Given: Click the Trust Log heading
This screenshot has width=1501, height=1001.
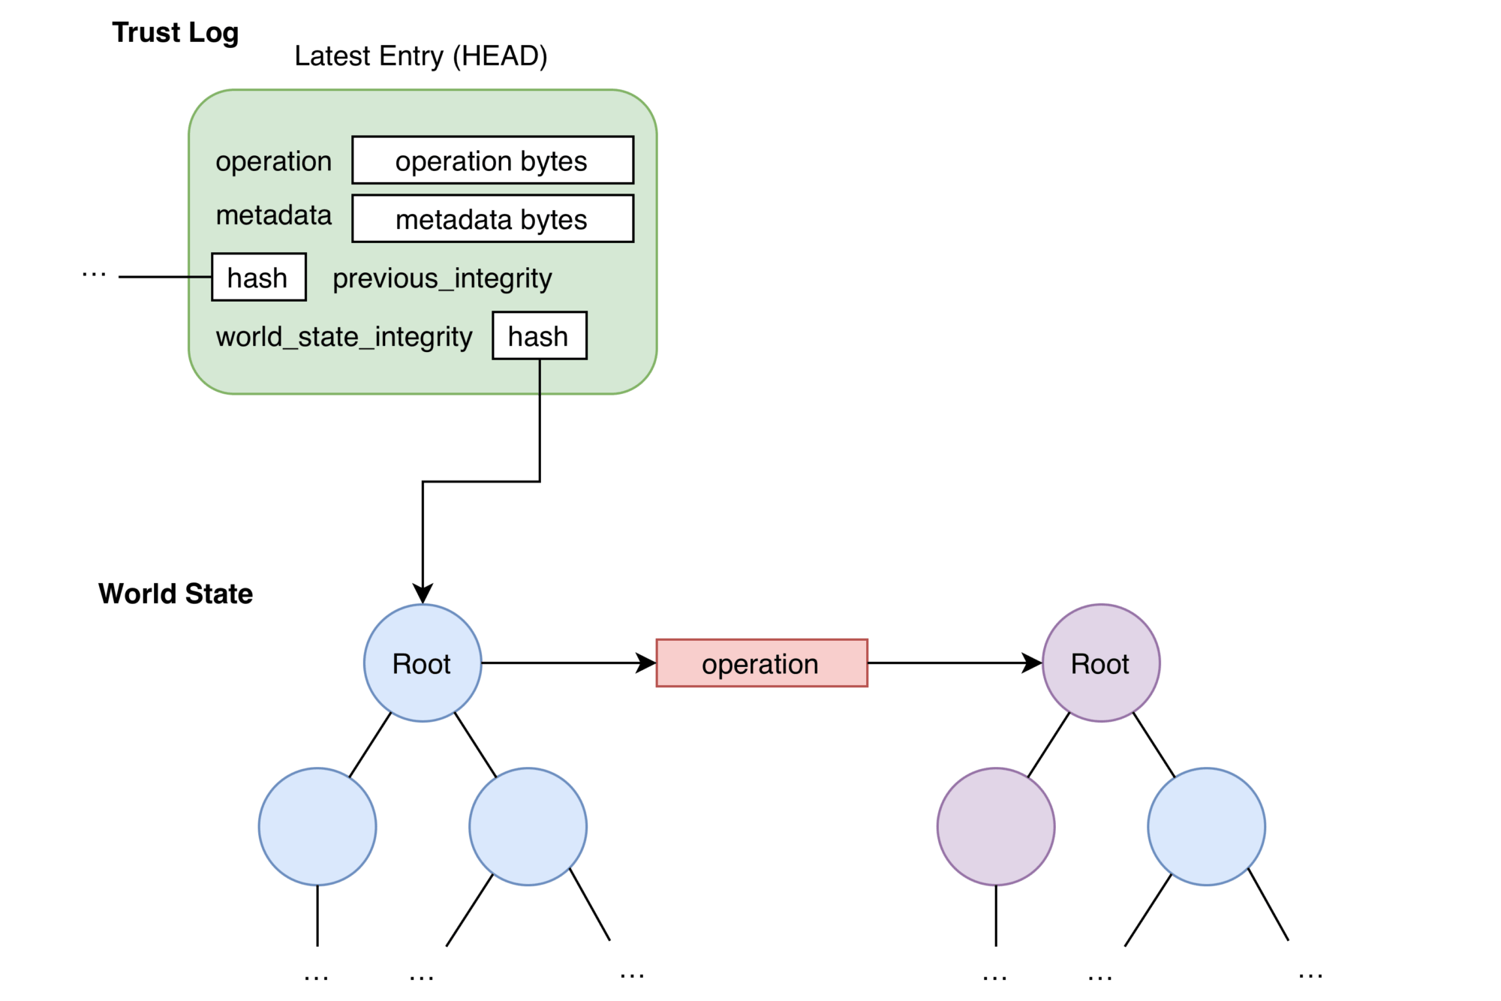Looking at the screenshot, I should [x=175, y=33].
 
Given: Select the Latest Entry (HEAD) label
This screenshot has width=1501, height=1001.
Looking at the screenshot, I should [x=420, y=56].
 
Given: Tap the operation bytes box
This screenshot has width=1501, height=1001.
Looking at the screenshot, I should [x=492, y=160].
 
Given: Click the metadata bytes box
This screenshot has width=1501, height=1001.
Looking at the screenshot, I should [x=492, y=218].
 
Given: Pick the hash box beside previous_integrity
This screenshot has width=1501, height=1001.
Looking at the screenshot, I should [x=258, y=277].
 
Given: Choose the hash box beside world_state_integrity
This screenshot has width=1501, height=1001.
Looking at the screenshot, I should [x=539, y=335].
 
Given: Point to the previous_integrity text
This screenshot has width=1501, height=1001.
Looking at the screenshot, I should [x=442, y=278].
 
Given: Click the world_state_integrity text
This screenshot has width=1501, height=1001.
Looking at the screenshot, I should [x=344, y=337].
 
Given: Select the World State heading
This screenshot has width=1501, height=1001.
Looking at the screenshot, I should [x=175, y=594].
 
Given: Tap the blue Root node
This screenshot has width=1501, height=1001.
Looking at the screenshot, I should [x=422, y=663].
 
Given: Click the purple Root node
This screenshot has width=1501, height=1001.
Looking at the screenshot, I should [x=1100, y=663].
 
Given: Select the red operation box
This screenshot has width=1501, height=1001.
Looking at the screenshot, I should [x=761, y=663].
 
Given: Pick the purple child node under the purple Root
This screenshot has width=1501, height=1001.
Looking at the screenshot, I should [x=995, y=826].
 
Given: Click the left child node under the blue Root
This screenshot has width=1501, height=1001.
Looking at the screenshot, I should [x=317, y=826].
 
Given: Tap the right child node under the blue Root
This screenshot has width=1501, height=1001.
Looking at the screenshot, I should [x=528, y=826].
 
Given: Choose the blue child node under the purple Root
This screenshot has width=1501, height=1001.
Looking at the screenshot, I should [x=1206, y=826].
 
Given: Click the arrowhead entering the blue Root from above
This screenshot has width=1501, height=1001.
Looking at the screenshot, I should [x=423, y=593].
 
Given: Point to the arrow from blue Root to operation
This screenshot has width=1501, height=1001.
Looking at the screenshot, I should [x=563, y=663].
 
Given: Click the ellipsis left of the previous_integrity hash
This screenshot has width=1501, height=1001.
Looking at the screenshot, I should [x=94, y=275].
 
